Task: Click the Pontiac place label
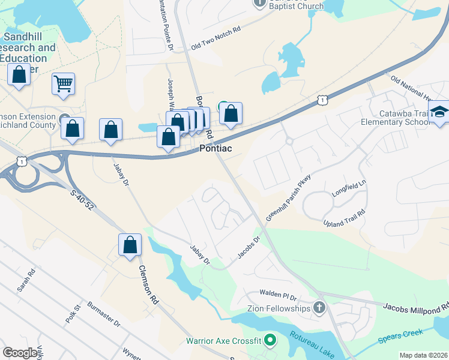(x=215, y=148)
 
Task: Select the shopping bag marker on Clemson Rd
(x=130, y=245)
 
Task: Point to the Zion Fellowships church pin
(x=319, y=308)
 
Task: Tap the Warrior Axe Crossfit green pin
(x=270, y=341)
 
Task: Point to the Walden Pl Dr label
(x=279, y=295)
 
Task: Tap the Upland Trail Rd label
(x=345, y=218)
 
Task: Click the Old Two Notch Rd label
(x=215, y=37)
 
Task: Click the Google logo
(x=20, y=353)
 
